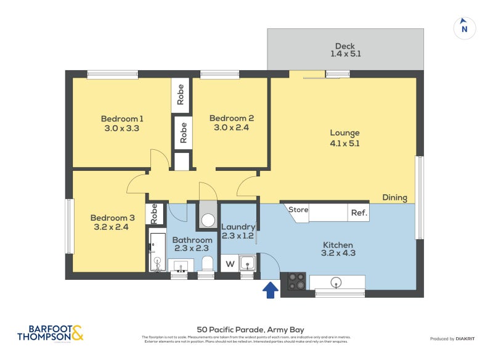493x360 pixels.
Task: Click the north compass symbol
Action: tap(465, 28)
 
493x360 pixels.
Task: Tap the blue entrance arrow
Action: tap(269, 289)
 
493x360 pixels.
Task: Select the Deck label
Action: tap(345, 46)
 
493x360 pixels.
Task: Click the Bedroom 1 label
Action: tap(123, 119)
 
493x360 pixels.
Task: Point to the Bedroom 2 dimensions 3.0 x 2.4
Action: tap(232, 128)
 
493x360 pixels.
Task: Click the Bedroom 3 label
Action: tap(112, 218)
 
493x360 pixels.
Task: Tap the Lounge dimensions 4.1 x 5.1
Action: tap(344, 143)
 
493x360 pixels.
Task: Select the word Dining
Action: tap(394, 198)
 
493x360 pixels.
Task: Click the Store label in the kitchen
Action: tap(298, 210)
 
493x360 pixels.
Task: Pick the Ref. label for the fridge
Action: tap(359, 213)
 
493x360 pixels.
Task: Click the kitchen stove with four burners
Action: tap(296, 281)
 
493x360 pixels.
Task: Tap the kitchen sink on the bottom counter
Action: tap(336, 282)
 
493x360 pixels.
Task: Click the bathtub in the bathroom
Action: tap(157, 252)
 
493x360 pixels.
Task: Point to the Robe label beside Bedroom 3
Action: tap(155, 213)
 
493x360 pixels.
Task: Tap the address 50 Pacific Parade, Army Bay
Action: tap(250, 330)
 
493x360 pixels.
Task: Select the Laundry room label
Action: tap(238, 227)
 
